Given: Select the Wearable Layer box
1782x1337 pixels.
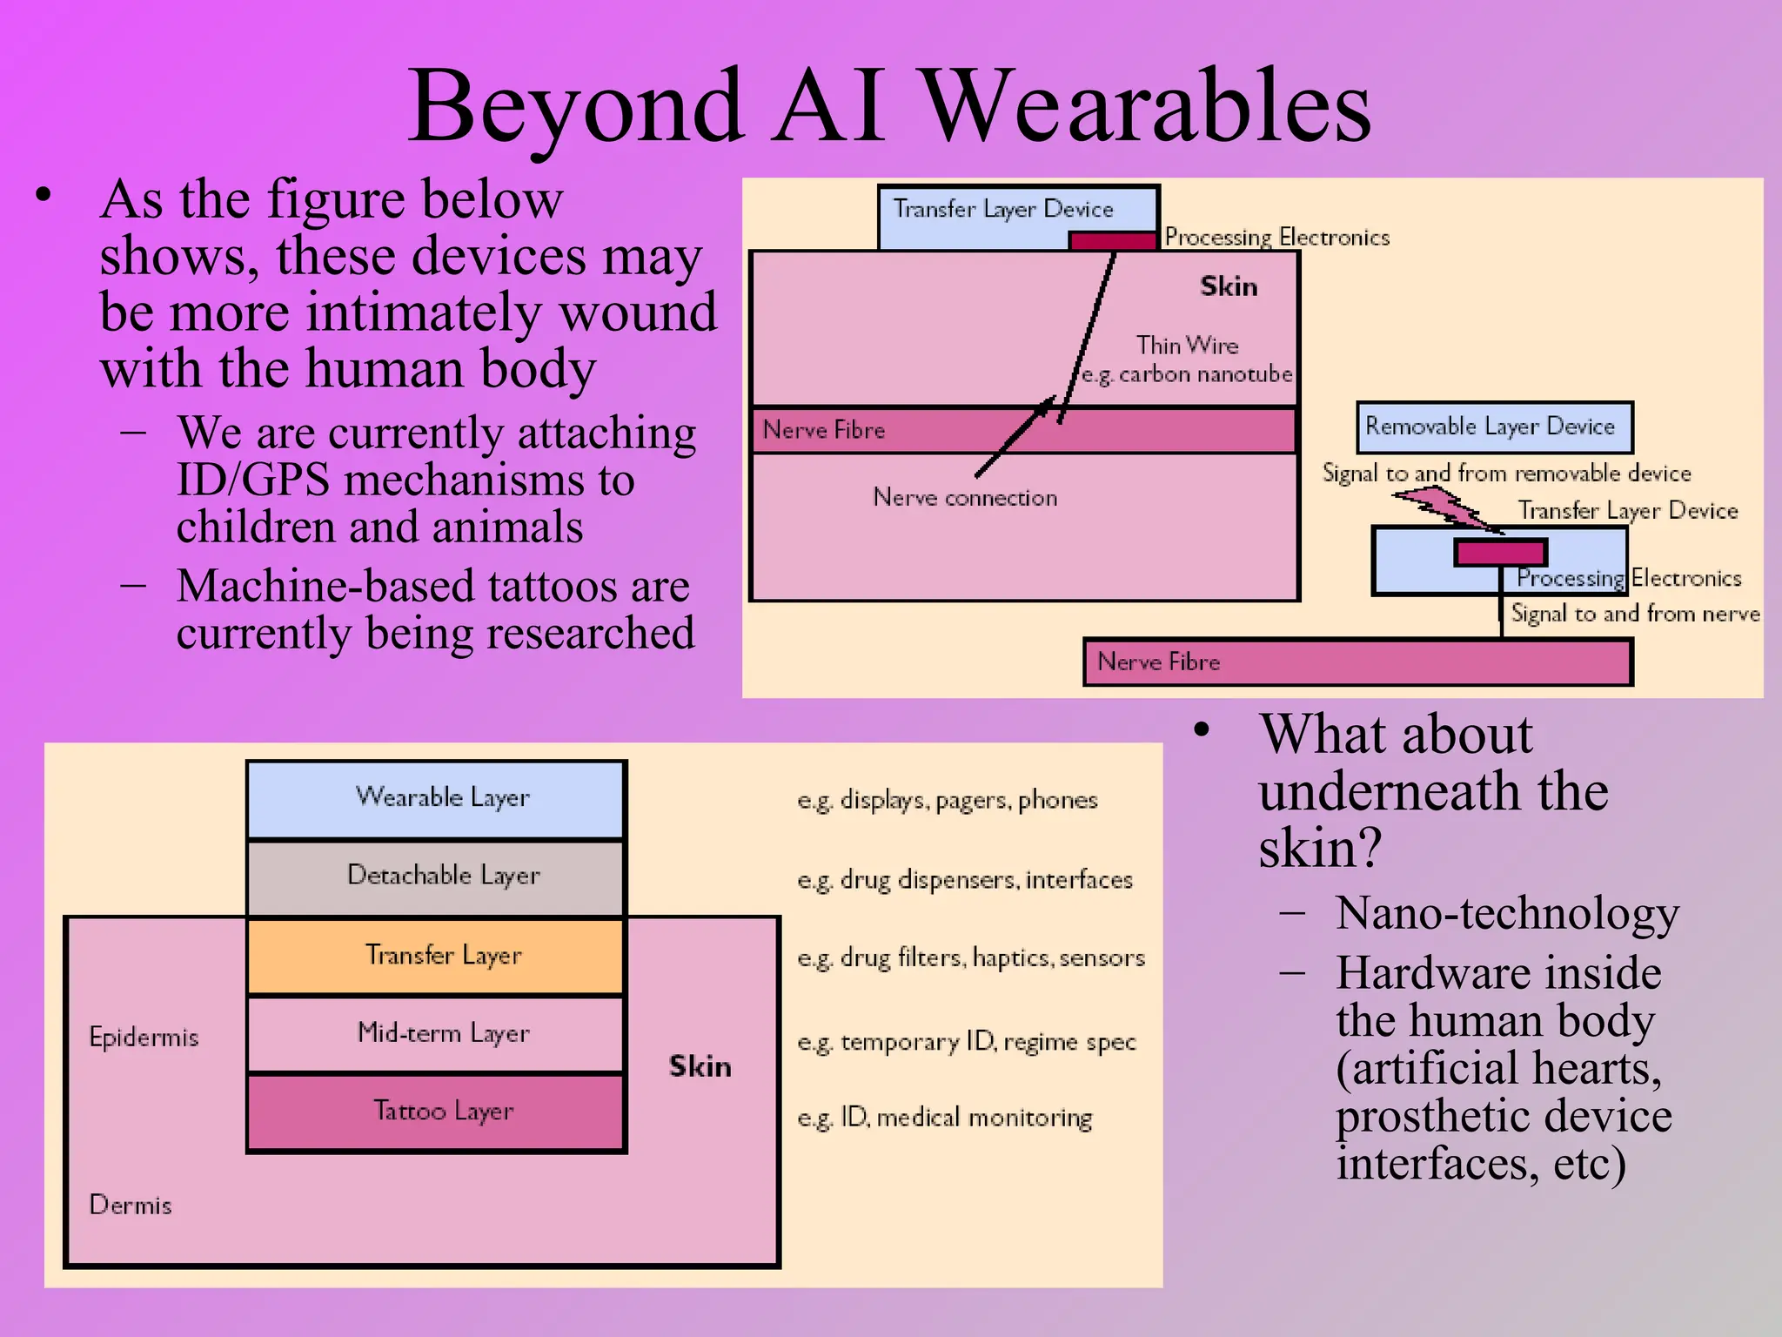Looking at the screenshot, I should point(436,798).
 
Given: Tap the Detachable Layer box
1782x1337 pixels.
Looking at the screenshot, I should point(436,877).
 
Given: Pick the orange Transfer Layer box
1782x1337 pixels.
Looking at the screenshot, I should point(436,956).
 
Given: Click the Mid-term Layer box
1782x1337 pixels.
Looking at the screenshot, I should point(436,1033).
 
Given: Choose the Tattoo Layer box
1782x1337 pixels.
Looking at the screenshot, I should point(436,1112).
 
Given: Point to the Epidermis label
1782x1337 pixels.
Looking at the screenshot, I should point(144,1038).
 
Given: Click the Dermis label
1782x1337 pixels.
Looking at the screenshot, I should point(131,1206).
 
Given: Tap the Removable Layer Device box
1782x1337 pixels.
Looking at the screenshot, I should point(1493,427).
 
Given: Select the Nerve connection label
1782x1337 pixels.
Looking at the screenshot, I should point(965,498).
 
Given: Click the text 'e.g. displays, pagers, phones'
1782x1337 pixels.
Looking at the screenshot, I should point(947,800).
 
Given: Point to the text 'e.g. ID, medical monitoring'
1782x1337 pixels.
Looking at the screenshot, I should point(944,1118).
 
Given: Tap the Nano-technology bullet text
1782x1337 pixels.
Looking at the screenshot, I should point(1507,914).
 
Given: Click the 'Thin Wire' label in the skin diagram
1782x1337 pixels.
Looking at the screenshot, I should point(1187,346).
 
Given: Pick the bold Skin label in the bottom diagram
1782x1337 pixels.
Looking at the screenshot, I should point(700,1067).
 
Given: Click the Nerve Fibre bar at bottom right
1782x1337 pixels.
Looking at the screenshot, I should point(1357,662).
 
